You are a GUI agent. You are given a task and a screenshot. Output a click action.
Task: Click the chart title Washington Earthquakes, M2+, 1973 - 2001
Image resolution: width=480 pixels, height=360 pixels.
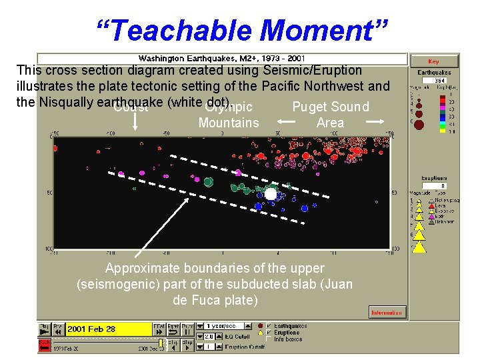click(221, 59)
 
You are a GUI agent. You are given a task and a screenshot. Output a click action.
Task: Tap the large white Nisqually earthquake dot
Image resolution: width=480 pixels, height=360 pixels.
click(271, 194)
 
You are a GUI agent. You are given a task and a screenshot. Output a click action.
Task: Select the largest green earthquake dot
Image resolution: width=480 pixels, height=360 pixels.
click(209, 181)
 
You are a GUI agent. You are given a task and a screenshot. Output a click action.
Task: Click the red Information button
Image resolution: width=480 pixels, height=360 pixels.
click(387, 312)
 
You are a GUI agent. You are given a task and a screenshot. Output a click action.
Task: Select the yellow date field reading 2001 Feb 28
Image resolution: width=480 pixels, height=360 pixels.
click(109, 329)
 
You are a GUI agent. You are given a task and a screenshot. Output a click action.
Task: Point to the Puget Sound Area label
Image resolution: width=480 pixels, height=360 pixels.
click(331, 115)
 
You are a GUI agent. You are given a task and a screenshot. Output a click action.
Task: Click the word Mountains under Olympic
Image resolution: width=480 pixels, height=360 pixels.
click(229, 123)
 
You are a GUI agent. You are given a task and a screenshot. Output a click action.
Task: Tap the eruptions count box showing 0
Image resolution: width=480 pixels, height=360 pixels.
click(440, 187)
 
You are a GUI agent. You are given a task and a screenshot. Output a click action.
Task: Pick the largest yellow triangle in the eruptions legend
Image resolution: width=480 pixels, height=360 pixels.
click(419, 247)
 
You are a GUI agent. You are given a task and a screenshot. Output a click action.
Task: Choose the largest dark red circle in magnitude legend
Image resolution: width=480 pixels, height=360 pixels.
click(418, 124)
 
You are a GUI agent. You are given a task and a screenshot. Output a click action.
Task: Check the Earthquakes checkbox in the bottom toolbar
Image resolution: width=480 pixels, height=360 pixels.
click(269, 326)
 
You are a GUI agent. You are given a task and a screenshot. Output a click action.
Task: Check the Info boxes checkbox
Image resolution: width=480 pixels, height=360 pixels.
click(269, 339)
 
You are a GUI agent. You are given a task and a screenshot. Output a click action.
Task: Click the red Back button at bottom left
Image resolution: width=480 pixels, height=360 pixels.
click(45, 343)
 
